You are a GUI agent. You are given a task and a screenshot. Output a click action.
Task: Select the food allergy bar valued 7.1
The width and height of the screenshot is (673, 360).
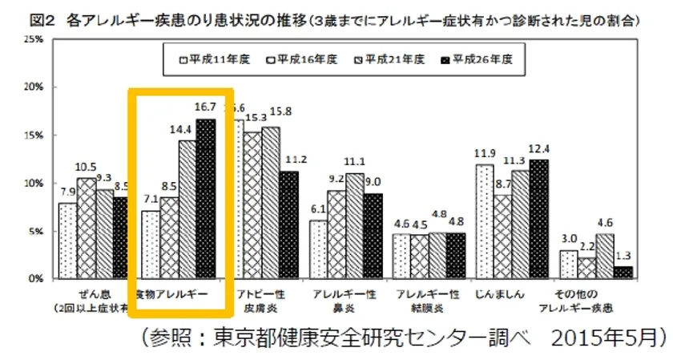[151, 245]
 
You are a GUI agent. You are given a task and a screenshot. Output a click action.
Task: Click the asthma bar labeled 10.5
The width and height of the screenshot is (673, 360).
[86, 229]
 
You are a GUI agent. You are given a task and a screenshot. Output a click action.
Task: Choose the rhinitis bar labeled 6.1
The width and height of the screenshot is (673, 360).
[319, 249]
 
